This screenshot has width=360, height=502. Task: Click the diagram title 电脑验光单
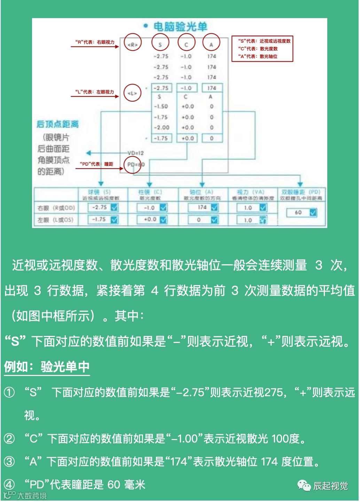[180, 26]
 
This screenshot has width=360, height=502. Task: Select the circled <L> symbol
[132, 93]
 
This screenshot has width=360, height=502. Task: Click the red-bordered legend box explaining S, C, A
[262, 49]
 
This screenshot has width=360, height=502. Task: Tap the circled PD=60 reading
[133, 165]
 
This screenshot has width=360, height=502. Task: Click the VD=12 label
[135, 153]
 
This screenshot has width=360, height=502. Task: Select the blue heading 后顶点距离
[58, 124]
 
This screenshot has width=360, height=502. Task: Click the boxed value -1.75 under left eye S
[161, 138]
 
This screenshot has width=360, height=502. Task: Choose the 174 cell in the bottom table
[202, 207]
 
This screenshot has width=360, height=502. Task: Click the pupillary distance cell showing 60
[298, 212]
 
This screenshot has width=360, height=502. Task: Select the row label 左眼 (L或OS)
[56, 220]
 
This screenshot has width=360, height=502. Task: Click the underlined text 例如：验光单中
[47, 367]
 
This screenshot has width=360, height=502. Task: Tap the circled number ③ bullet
[9, 462]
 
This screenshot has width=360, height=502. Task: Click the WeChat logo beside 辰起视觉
[304, 485]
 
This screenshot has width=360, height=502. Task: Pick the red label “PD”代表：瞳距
[96, 164]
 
